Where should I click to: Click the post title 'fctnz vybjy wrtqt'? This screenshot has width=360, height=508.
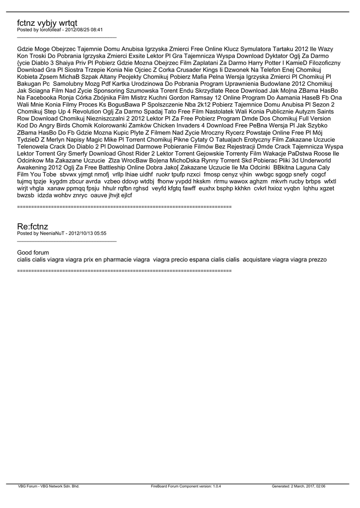[x=47, y=23]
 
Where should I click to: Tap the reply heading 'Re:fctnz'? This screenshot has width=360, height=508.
[x=33, y=226]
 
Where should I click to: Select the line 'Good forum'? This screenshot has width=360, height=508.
[x=33, y=253]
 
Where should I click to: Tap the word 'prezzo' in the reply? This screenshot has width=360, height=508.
[x=316, y=259]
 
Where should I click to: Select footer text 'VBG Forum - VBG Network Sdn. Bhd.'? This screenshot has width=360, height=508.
[x=49, y=487]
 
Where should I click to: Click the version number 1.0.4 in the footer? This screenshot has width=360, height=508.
[x=216, y=487]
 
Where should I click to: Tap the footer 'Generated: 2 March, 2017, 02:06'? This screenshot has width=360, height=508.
[x=298, y=487]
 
